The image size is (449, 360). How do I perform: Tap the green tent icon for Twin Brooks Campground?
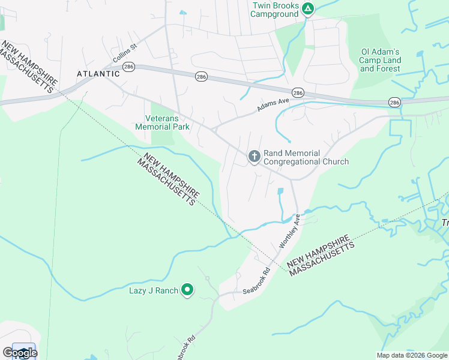coord(307,8)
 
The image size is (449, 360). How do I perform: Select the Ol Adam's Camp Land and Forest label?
coord(380,60)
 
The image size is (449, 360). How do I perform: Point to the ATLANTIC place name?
coord(98,74)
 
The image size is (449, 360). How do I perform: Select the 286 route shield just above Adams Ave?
coord(298,92)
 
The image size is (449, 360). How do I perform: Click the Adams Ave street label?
coord(273,105)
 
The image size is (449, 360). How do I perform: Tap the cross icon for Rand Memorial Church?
coord(254,157)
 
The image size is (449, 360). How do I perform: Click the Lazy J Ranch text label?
coord(154,291)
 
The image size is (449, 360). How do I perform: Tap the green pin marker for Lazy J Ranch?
coord(187,290)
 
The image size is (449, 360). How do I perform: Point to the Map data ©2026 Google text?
coord(412,355)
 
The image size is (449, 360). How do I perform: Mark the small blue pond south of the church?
coord(280,192)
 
